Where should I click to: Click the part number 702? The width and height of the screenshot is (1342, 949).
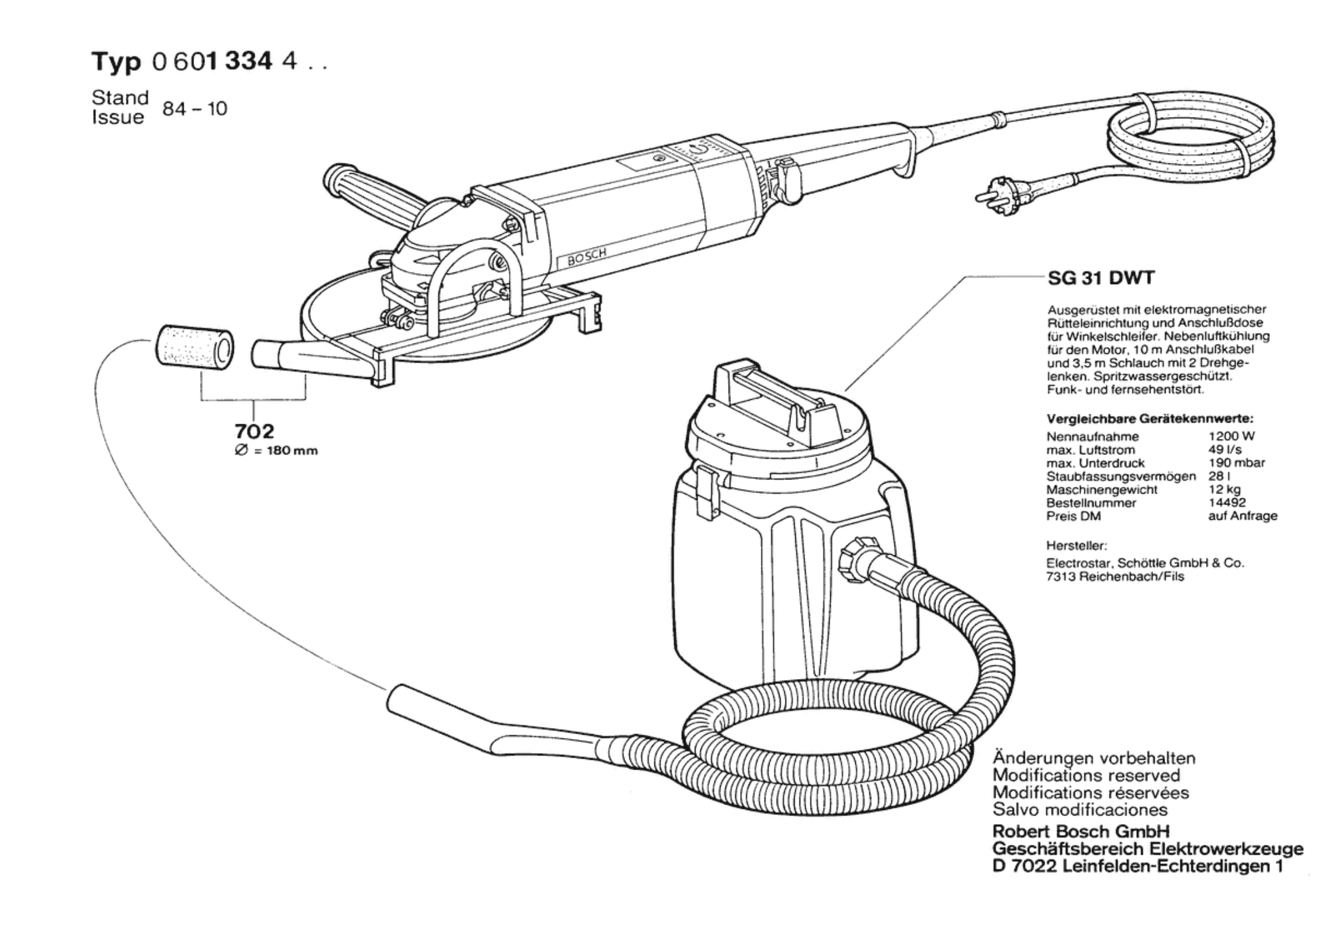(x=254, y=432)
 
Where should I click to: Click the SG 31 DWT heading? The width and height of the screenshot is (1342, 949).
(x=1101, y=278)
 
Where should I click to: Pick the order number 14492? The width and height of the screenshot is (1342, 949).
(x=1227, y=503)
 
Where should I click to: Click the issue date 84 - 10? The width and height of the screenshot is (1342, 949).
(x=195, y=109)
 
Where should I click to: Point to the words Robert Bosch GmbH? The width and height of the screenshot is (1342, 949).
(x=1081, y=831)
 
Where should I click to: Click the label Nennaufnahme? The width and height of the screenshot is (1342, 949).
(x=1093, y=437)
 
